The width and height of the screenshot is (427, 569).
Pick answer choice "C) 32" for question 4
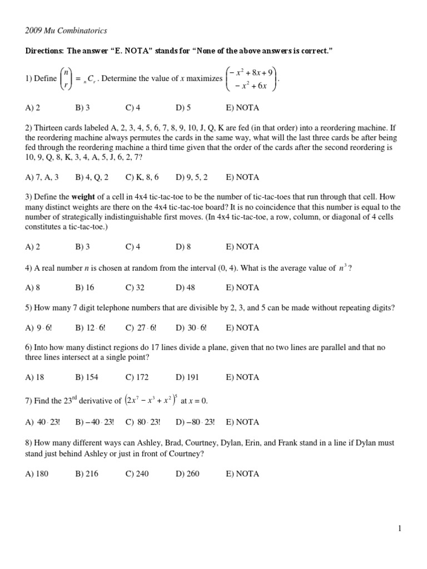(136, 287)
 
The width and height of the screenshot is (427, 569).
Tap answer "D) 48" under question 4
(186, 287)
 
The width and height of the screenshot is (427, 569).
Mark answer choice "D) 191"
(187, 377)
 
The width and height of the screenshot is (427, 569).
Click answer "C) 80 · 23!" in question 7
(143, 422)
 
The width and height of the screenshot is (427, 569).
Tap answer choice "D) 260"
(187, 474)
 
